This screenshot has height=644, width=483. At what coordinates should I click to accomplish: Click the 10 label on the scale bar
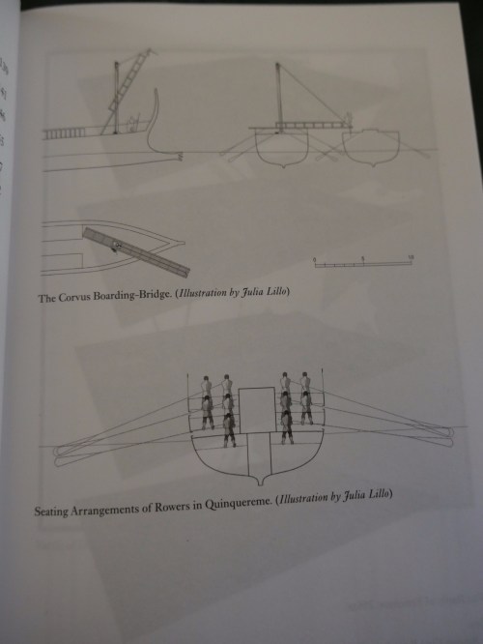tap(410, 257)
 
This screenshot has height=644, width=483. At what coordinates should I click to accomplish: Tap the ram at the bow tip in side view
tap(180, 156)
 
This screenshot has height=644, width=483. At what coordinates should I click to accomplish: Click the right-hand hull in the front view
tap(372, 148)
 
